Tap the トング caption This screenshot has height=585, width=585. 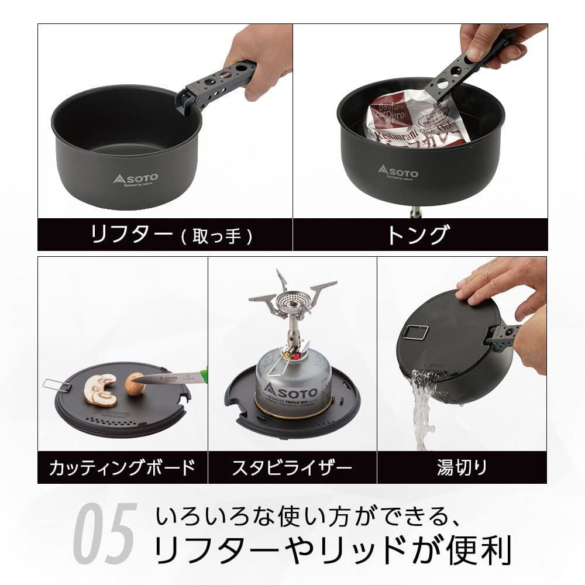pos(417,235)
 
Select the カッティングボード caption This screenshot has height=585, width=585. pos(122,467)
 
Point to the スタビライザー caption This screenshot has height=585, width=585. pos(292,467)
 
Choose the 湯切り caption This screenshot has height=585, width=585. pos(462,467)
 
